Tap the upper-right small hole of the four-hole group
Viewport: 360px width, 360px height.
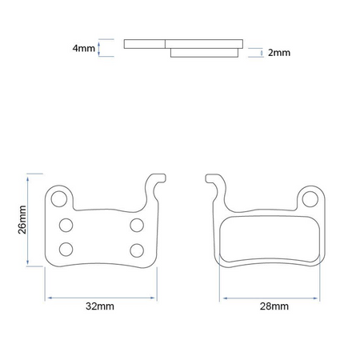pos(137,224)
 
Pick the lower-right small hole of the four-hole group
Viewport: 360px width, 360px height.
pos(137,247)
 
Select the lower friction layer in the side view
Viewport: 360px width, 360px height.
pos(204,53)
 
